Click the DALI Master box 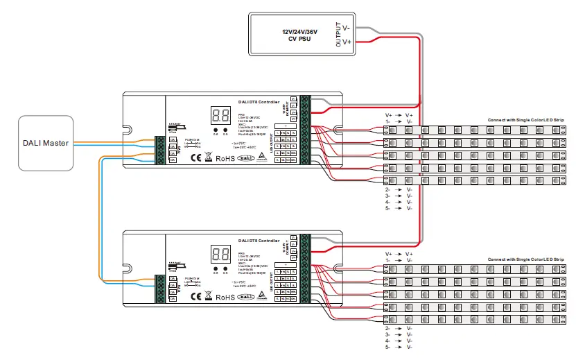pos(45,143)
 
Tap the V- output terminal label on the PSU pos(347,28)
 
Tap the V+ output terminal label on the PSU pos(347,42)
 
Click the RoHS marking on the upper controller pos(225,158)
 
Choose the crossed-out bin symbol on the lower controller pos(209,295)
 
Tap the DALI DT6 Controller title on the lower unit pos(259,241)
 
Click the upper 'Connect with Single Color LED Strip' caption pos(525,121)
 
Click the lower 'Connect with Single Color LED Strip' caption pos(525,259)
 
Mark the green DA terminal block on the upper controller pos(161,150)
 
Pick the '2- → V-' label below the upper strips pos(399,189)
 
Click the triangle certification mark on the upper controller pos(262,158)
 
